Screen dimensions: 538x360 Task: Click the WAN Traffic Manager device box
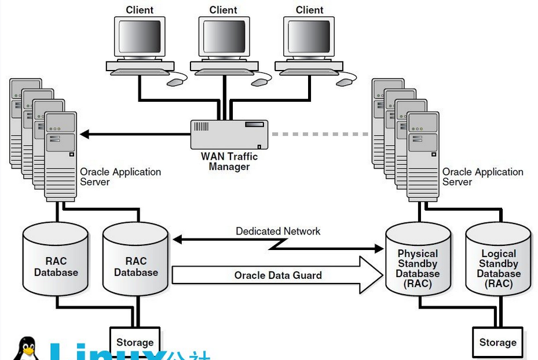(229, 134)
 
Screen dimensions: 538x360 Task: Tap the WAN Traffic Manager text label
(229, 161)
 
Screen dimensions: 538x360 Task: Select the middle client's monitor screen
(224, 36)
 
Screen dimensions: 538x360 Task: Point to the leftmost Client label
(140, 10)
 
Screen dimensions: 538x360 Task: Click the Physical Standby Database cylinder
(418, 259)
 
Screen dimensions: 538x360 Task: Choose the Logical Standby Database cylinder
(499, 259)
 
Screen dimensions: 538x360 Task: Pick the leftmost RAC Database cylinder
(56, 259)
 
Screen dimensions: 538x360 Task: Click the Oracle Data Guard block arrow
(277, 275)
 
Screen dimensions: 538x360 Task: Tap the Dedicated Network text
(278, 231)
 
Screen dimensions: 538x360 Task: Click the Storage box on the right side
(498, 343)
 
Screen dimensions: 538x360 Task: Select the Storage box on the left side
(135, 342)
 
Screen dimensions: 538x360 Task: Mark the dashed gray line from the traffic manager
(320, 134)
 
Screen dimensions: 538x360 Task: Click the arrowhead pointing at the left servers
(85, 134)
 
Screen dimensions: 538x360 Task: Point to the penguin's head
(27, 344)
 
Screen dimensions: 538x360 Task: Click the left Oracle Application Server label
(120, 177)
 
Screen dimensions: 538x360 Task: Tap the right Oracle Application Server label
(483, 177)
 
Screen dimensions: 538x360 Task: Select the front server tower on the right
(423, 156)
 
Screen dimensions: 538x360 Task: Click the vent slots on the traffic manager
(202, 126)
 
